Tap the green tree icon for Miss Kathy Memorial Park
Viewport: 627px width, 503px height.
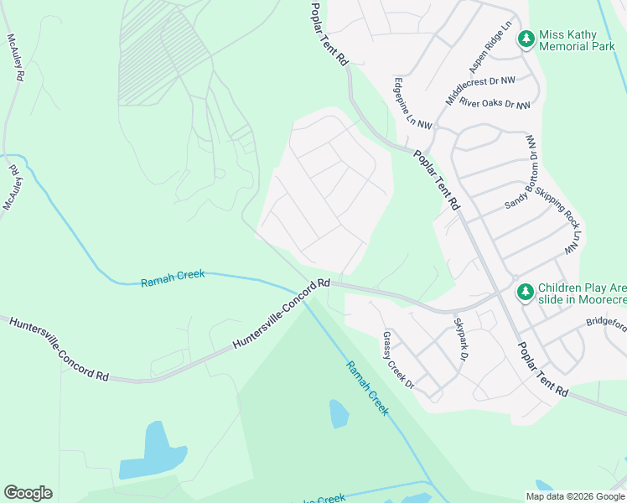pos(526,39)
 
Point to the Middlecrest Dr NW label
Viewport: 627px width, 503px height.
pos(480,87)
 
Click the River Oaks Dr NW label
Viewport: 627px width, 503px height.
pos(495,105)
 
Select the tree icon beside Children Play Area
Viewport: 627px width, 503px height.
pos(525,292)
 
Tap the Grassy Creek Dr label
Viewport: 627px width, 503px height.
pos(398,360)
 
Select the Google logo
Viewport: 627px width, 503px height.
pos(28,492)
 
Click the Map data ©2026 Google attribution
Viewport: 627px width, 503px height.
pos(575,496)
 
